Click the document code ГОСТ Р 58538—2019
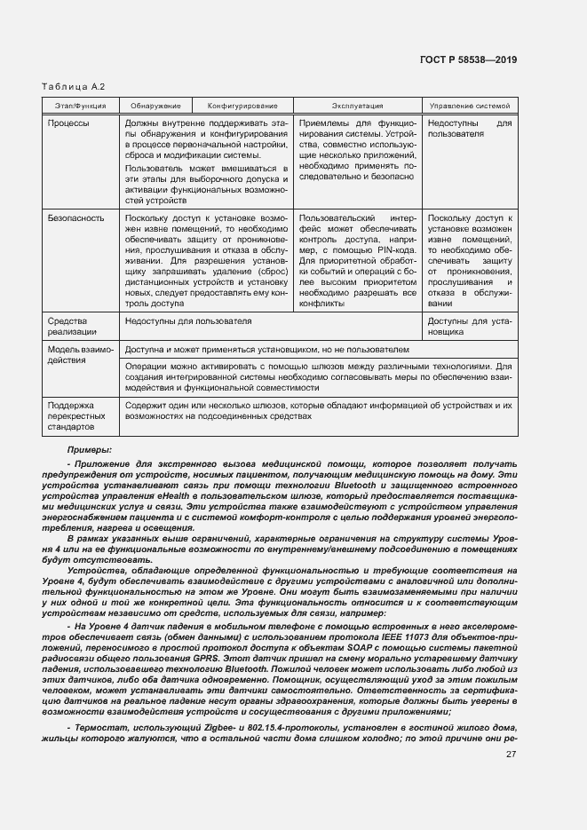click(470, 59)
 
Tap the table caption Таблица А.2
click(74, 86)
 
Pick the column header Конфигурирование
click(242, 106)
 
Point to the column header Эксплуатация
click(357, 106)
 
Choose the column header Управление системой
click(470, 106)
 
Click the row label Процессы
click(68, 123)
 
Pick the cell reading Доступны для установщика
click(470, 327)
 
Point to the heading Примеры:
click(88, 450)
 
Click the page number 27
click(511, 755)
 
